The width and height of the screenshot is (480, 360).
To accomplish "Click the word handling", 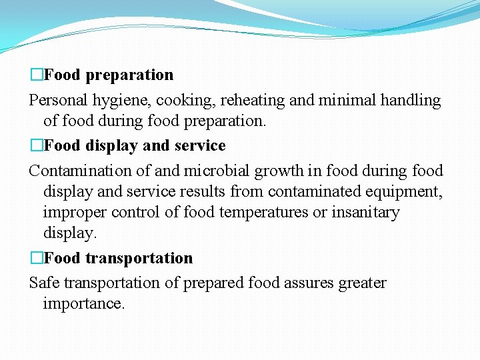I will tap(410, 101).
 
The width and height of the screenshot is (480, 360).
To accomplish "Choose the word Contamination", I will tap(79, 171).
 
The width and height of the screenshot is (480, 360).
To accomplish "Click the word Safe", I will tap(43, 283).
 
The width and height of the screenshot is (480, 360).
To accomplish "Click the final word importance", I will tap(83, 304).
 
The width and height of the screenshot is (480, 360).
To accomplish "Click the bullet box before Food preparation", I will tap(36, 75).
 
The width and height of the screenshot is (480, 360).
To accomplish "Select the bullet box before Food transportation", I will tap(36, 258).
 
